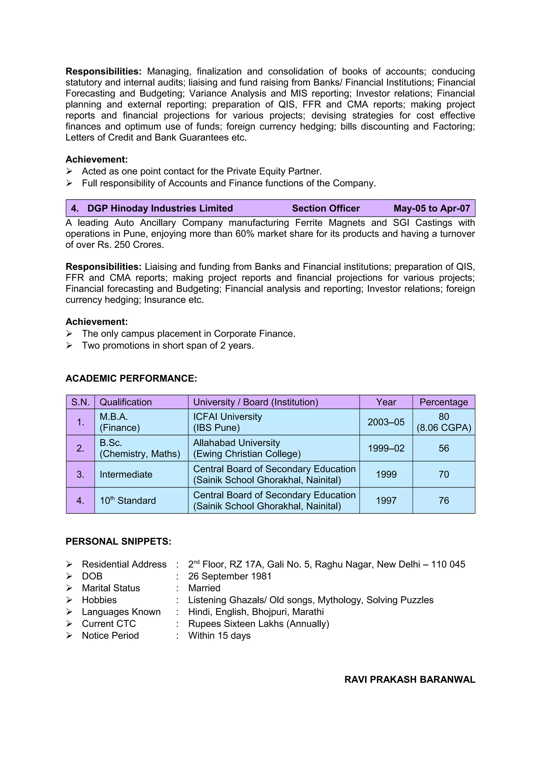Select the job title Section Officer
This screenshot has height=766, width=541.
pyautogui.click(x=326, y=208)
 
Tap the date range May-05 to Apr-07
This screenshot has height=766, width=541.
pyautogui.click(x=431, y=208)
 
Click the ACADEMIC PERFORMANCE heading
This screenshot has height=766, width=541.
pyautogui.click(x=131, y=378)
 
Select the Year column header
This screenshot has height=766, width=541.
pyautogui.click(x=386, y=402)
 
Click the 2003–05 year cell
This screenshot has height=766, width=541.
pyautogui.click(x=386, y=422)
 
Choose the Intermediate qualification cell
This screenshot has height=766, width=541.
pyautogui.click(x=126, y=474)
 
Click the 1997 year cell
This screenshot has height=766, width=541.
pyautogui.click(x=386, y=500)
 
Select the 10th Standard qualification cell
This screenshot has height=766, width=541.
pyautogui.click(x=128, y=500)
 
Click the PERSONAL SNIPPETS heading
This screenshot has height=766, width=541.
pyautogui.click(x=118, y=542)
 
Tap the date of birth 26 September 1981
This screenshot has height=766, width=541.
pyautogui.click(x=230, y=576)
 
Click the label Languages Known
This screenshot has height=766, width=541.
pyautogui.click(x=121, y=612)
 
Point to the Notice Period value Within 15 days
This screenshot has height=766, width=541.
pyautogui.click(x=219, y=635)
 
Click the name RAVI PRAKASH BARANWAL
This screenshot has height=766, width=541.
pyautogui.click(x=410, y=680)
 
